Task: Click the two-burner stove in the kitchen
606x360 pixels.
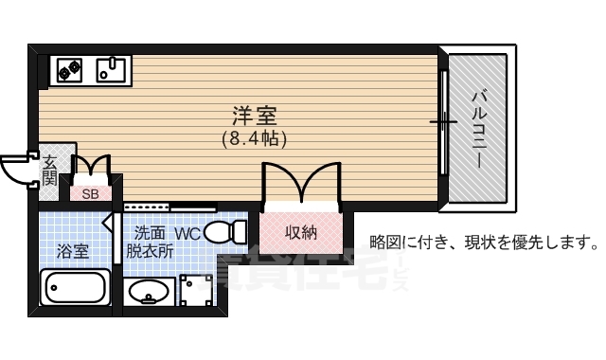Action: pyautogui.click(x=70, y=67)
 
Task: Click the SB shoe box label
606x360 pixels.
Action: pyautogui.click(x=91, y=194)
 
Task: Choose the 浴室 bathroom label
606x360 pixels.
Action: pyautogui.click(x=73, y=251)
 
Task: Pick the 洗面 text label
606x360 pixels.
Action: pyautogui.click(x=149, y=232)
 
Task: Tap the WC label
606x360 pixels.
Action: pyautogui.click(x=187, y=232)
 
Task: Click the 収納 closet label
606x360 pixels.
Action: pyautogui.click(x=300, y=232)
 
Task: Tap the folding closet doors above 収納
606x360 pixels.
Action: pyautogui.click(x=300, y=183)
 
